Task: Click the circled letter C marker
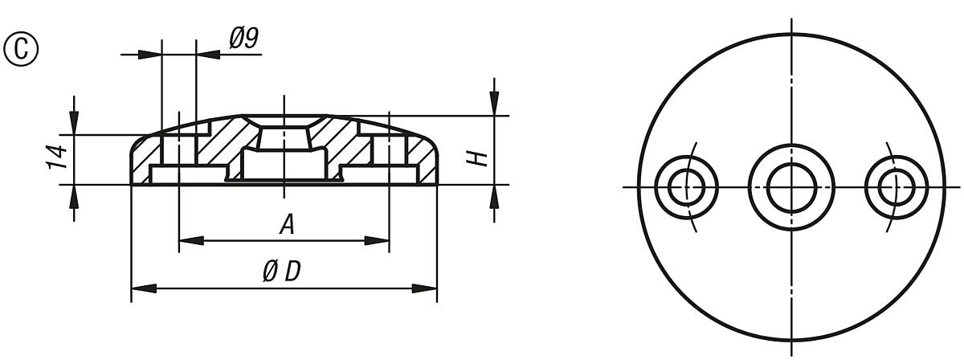point(22,47)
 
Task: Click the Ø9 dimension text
point(243,39)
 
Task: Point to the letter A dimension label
point(286,225)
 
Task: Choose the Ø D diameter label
point(281,272)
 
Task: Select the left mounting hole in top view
point(687,187)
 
